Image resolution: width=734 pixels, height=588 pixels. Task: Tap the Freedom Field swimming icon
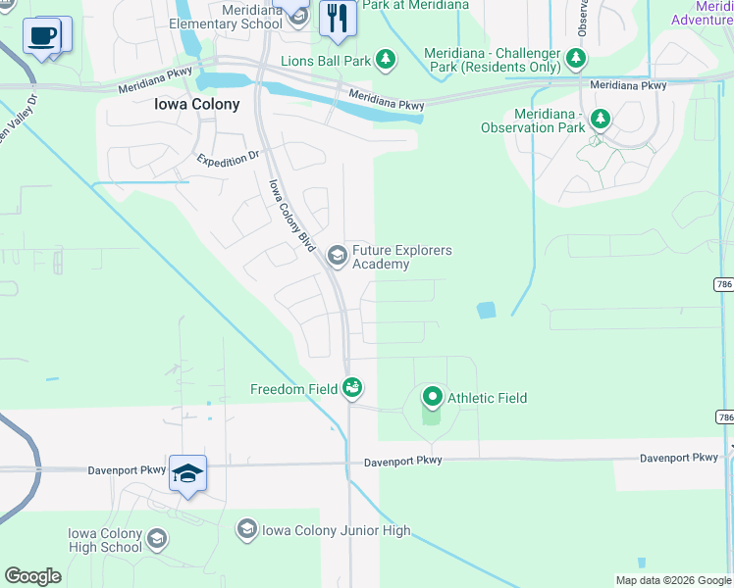click(352, 389)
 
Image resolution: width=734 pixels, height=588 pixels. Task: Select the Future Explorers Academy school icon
click(338, 257)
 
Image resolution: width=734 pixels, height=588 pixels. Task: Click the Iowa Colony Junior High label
click(336, 531)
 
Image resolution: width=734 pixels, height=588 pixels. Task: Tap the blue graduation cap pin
click(187, 474)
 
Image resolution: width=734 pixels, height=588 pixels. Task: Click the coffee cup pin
click(41, 37)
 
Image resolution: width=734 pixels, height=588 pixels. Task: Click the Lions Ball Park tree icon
click(386, 61)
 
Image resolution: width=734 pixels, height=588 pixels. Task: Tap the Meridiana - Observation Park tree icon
click(599, 120)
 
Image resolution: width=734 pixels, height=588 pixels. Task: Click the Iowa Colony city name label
click(196, 105)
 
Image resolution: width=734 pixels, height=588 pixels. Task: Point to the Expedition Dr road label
click(229, 158)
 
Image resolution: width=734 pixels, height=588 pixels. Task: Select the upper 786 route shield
click(723, 284)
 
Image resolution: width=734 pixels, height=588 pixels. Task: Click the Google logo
click(32, 576)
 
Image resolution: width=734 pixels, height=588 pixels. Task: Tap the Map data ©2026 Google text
click(672, 580)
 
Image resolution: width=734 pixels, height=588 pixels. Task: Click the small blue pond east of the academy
click(486, 311)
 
